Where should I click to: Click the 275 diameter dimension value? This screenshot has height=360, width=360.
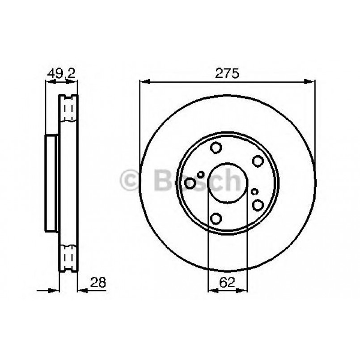(x=228, y=74)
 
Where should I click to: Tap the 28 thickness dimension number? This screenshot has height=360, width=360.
(x=98, y=282)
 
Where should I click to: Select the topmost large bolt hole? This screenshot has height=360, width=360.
(x=216, y=147)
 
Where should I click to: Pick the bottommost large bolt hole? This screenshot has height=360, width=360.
(x=216, y=218)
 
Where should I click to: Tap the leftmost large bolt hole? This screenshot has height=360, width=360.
(x=191, y=183)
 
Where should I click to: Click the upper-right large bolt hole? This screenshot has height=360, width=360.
(x=258, y=161)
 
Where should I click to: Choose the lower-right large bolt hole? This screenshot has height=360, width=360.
(x=258, y=205)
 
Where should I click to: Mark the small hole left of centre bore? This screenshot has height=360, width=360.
(x=201, y=174)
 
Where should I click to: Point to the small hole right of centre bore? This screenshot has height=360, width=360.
(x=254, y=191)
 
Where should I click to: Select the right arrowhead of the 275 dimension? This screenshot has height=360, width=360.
(x=311, y=81)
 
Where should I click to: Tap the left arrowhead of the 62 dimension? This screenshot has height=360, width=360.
(x=212, y=290)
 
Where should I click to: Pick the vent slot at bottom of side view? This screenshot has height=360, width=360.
(x=69, y=258)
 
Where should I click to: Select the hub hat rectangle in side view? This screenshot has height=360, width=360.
(x=52, y=183)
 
